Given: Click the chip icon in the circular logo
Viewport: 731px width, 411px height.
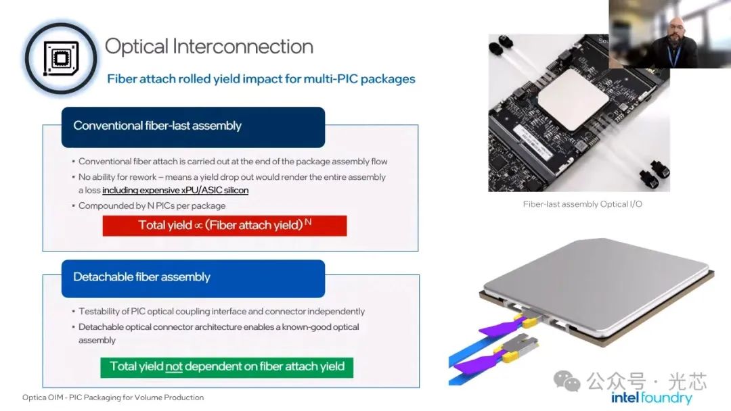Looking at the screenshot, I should (x=61, y=58).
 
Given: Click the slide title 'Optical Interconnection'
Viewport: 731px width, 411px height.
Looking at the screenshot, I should (x=208, y=47).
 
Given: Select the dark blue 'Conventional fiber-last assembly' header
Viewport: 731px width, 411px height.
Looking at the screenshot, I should (x=193, y=126).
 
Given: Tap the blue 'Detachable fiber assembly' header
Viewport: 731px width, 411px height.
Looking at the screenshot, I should (x=193, y=278).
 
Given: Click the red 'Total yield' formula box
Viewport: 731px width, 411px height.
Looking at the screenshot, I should (x=224, y=225).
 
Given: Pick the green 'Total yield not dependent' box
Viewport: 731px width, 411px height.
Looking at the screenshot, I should (x=227, y=367).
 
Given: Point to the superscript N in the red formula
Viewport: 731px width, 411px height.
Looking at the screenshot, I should (x=308, y=222).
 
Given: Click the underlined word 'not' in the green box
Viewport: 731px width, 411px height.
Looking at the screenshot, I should (x=174, y=367).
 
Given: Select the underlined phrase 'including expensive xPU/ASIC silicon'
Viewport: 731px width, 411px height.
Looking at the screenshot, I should (x=175, y=191).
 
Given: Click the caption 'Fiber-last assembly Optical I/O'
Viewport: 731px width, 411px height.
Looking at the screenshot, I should (x=582, y=204).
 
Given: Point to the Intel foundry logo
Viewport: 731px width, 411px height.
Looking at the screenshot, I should (x=651, y=397).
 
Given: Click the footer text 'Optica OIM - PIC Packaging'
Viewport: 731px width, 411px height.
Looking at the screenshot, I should (x=113, y=397).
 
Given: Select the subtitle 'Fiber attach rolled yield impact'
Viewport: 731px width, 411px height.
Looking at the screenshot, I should (x=261, y=79).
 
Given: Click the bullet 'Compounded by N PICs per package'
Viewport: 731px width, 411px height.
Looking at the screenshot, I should (x=152, y=205).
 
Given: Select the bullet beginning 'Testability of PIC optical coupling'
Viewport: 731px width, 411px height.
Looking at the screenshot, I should (x=221, y=312).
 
